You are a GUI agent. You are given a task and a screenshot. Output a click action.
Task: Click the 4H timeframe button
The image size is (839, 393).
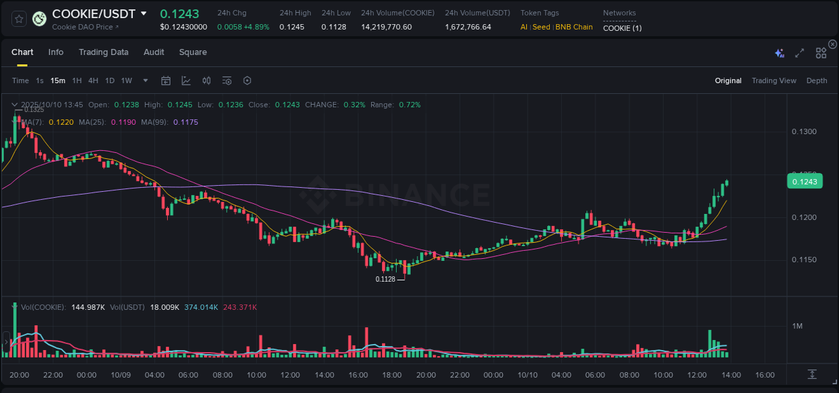coord(93,80)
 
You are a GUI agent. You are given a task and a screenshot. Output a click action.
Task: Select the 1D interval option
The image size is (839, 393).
coord(109,80)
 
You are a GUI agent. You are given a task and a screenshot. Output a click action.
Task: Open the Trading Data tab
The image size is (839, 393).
coord(103,52)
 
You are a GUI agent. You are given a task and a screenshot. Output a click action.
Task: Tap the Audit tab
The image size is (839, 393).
coord(154,52)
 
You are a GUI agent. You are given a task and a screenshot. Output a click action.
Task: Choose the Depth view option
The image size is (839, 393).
coord(816,80)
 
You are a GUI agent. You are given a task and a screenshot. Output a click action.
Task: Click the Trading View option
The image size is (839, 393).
coord(773,80)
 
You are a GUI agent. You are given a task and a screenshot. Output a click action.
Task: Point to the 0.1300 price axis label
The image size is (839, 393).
coord(803,131)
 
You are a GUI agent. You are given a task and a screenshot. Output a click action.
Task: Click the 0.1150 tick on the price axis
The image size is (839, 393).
coord(803,260)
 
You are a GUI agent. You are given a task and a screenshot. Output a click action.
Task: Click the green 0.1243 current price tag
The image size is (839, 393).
coord(803,182)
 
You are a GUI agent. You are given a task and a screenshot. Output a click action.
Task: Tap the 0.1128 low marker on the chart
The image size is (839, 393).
coord(385,279)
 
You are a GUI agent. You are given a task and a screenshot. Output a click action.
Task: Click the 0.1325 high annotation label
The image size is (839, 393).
coord(34,109)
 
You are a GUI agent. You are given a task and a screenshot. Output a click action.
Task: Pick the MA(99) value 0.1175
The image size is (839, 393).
coord(185,122)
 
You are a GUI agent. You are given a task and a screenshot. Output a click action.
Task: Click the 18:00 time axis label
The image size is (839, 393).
coord(392,375)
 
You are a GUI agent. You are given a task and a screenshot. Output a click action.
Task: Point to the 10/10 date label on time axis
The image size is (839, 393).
coord(528,375)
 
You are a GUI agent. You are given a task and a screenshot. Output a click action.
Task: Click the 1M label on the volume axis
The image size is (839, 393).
coord(797,326)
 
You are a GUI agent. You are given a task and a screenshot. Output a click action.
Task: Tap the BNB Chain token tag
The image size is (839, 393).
coord(574,27)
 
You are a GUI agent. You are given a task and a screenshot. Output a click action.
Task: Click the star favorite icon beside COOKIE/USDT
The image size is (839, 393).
coord(19,19)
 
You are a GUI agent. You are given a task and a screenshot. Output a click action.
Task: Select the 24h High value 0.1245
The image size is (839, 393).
coord(292,27)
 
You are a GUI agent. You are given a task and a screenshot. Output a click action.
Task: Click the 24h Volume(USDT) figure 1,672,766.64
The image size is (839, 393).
coord(468,27)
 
